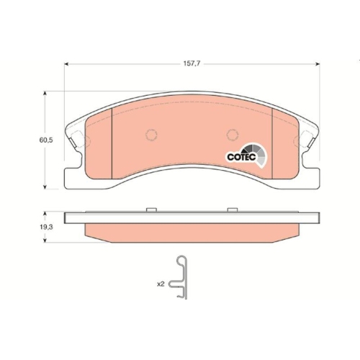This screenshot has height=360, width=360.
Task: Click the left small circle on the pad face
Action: [x=152, y=135]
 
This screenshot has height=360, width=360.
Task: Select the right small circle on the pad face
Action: [x=231, y=135]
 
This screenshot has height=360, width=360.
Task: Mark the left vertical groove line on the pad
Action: [x=114, y=141]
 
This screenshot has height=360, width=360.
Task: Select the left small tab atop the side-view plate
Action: [x=151, y=210]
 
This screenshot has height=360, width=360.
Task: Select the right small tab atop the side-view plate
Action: [x=232, y=210]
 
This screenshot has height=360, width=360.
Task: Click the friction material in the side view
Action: [x=191, y=231]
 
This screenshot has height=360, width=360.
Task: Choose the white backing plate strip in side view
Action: [x=191, y=217]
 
